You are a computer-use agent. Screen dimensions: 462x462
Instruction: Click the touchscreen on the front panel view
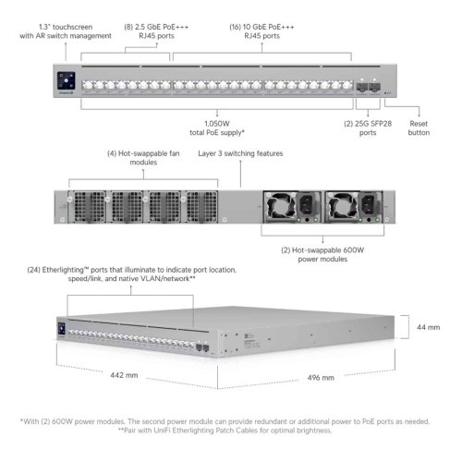coord(67,80)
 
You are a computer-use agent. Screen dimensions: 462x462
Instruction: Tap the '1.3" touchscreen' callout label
coord(66,27)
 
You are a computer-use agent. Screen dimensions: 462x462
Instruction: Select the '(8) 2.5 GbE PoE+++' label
coord(156,27)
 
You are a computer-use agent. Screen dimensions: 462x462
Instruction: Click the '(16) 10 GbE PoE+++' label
coord(261,27)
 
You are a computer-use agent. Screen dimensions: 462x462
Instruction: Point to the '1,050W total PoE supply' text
coord(217,128)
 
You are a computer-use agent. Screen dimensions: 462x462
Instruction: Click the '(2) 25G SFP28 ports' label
coord(368,128)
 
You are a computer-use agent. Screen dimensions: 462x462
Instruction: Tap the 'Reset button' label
coord(419,128)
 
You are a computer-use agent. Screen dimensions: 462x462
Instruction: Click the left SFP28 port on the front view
coord(361,87)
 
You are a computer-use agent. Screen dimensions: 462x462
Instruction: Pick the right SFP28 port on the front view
coord(374,87)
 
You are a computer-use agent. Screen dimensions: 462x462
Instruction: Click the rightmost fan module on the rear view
coord(201,207)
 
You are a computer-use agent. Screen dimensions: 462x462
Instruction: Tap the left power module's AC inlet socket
coord(307,204)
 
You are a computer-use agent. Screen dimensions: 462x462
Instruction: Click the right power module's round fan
coord(342,206)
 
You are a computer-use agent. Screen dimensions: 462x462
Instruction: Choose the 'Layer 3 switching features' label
coord(240,153)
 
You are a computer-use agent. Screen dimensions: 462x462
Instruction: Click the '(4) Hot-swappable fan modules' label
coord(143,158)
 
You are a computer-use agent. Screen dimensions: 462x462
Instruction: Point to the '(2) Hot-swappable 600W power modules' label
coord(322,254)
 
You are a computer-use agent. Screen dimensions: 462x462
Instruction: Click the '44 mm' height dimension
coord(428,327)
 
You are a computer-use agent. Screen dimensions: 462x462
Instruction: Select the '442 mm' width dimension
coord(124,375)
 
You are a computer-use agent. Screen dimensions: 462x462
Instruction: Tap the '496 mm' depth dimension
coord(321,378)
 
